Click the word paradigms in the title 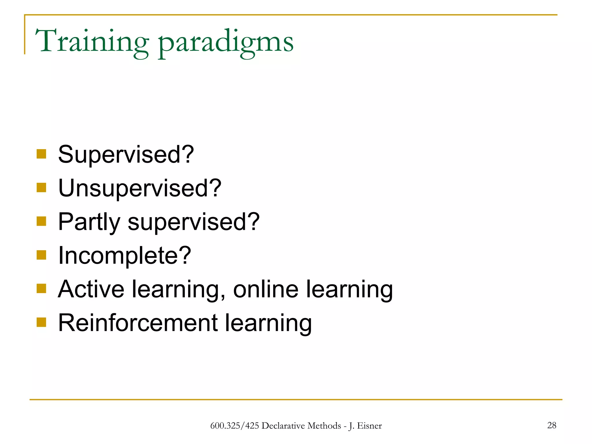coord(225,43)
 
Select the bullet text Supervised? coord(126,154)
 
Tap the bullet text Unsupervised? coord(140,188)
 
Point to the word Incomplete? coord(124,256)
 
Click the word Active coord(91,289)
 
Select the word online coord(266,289)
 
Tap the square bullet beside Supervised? coord(41,154)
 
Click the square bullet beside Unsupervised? coord(41,188)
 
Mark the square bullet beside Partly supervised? coord(41,221)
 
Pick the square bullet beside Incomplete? coord(41,255)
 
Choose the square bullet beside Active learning coord(41,288)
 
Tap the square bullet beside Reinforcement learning coord(41,322)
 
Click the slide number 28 coord(552,425)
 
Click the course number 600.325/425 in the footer coord(234,426)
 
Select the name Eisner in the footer coord(369,426)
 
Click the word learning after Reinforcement coord(268,323)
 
